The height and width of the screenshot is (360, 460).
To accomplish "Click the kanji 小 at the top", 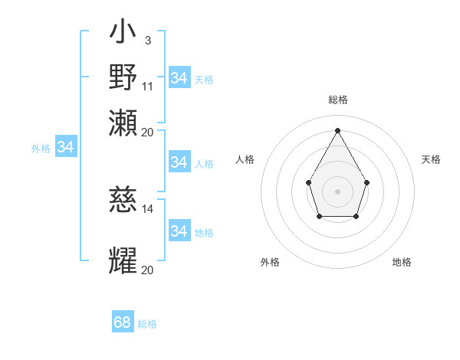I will pyautogui.click(x=123, y=33).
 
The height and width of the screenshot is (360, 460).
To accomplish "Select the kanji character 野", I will pyautogui.click(x=123, y=77).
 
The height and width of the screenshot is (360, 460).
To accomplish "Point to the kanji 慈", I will pyautogui.click(x=123, y=201).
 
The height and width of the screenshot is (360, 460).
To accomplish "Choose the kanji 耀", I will pyautogui.click(x=123, y=260).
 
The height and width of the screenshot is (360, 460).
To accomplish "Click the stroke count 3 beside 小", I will pyautogui.click(x=147, y=39).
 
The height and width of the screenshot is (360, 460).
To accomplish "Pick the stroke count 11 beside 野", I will pyautogui.click(x=148, y=85).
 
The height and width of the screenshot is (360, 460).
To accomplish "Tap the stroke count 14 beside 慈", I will pyautogui.click(x=148, y=208).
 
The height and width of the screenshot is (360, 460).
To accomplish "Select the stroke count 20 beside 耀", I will pyautogui.click(x=148, y=270).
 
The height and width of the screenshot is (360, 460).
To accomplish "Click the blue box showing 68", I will pyautogui.click(x=123, y=322).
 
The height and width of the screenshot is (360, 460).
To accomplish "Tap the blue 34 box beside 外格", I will pyautogui.click(x=65, y=147).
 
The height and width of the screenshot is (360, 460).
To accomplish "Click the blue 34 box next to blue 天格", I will pyautogui.click(x=179, y=78).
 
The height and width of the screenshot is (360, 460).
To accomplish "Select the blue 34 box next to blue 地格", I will pyautogui.click(x=179, y=231).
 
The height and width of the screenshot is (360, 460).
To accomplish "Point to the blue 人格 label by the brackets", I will pyautogui.click(x=204, y=163).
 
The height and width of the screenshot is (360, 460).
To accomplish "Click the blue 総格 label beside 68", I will pyautogui.click(x=147, y=324).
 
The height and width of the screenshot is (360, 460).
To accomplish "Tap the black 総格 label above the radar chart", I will pyautogui.click(x=337, y=100).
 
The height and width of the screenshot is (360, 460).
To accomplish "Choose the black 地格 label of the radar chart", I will pyautogui.click(x=402, y=262).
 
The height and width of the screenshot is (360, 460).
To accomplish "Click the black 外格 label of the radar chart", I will pyautogui.click(x=270, y=262).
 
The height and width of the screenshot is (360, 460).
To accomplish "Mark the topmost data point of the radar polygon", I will pyautogui.click(x=337, y=129).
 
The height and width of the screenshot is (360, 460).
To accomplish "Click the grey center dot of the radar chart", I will pyautogui.click(x=337, y=191).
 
